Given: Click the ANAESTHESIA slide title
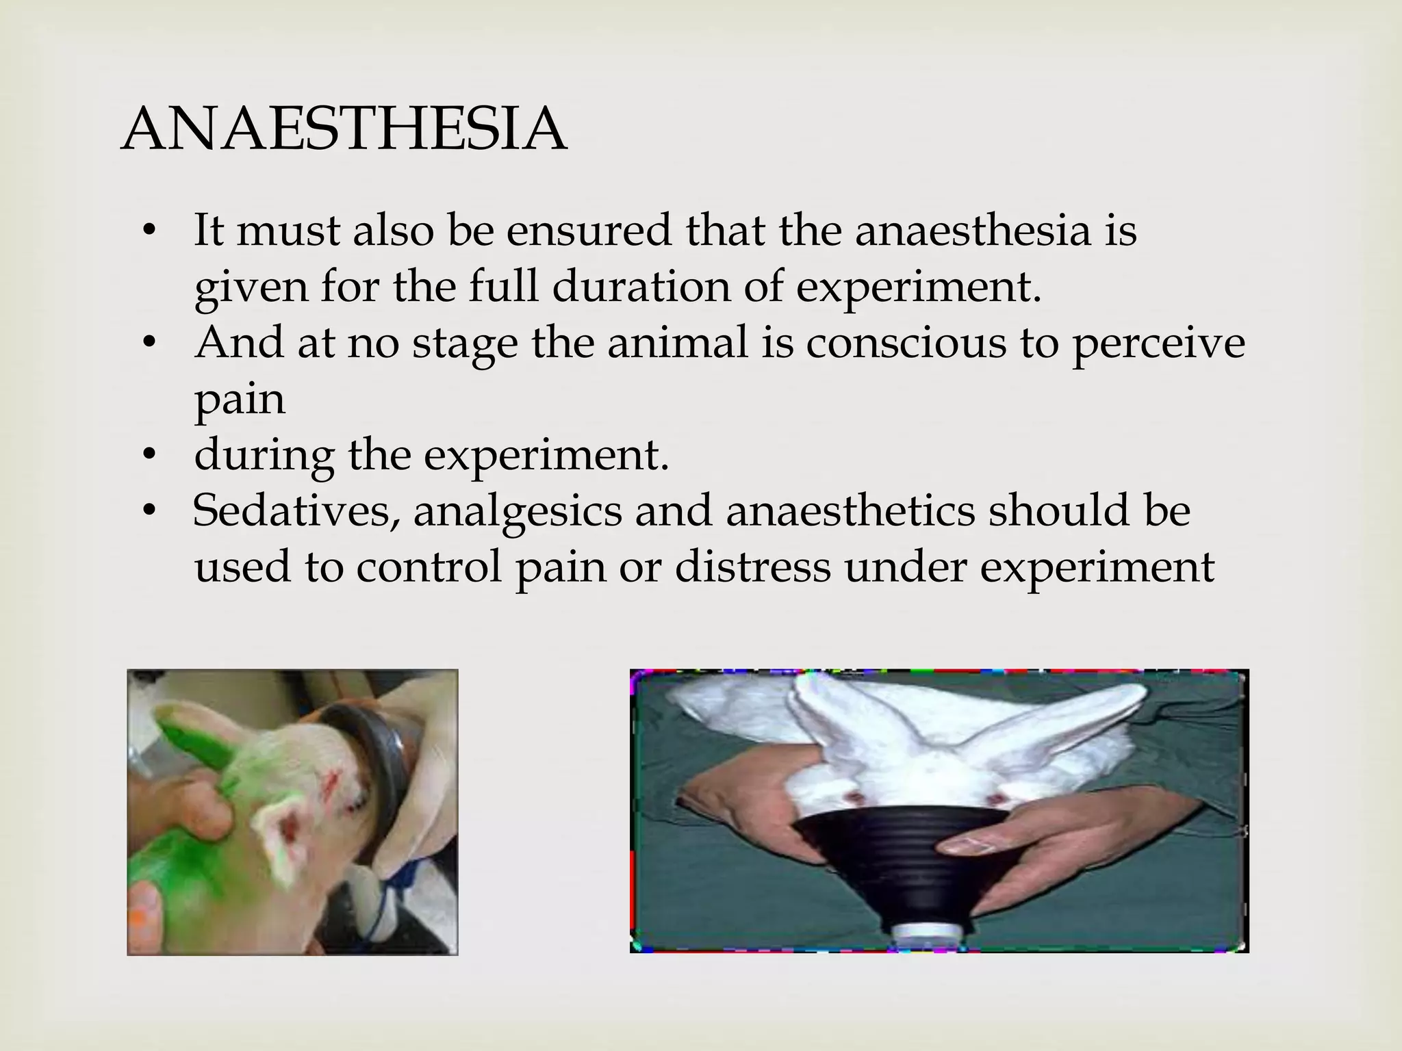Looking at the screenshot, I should [344, 130].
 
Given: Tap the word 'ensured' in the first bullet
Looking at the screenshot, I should [589, 231].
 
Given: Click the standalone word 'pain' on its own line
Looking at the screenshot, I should [239, 400].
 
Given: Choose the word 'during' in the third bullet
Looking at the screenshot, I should [264, 456].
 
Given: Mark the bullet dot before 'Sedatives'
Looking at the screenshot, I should [150, 512].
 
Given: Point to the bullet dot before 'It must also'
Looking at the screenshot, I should [150, 231].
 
